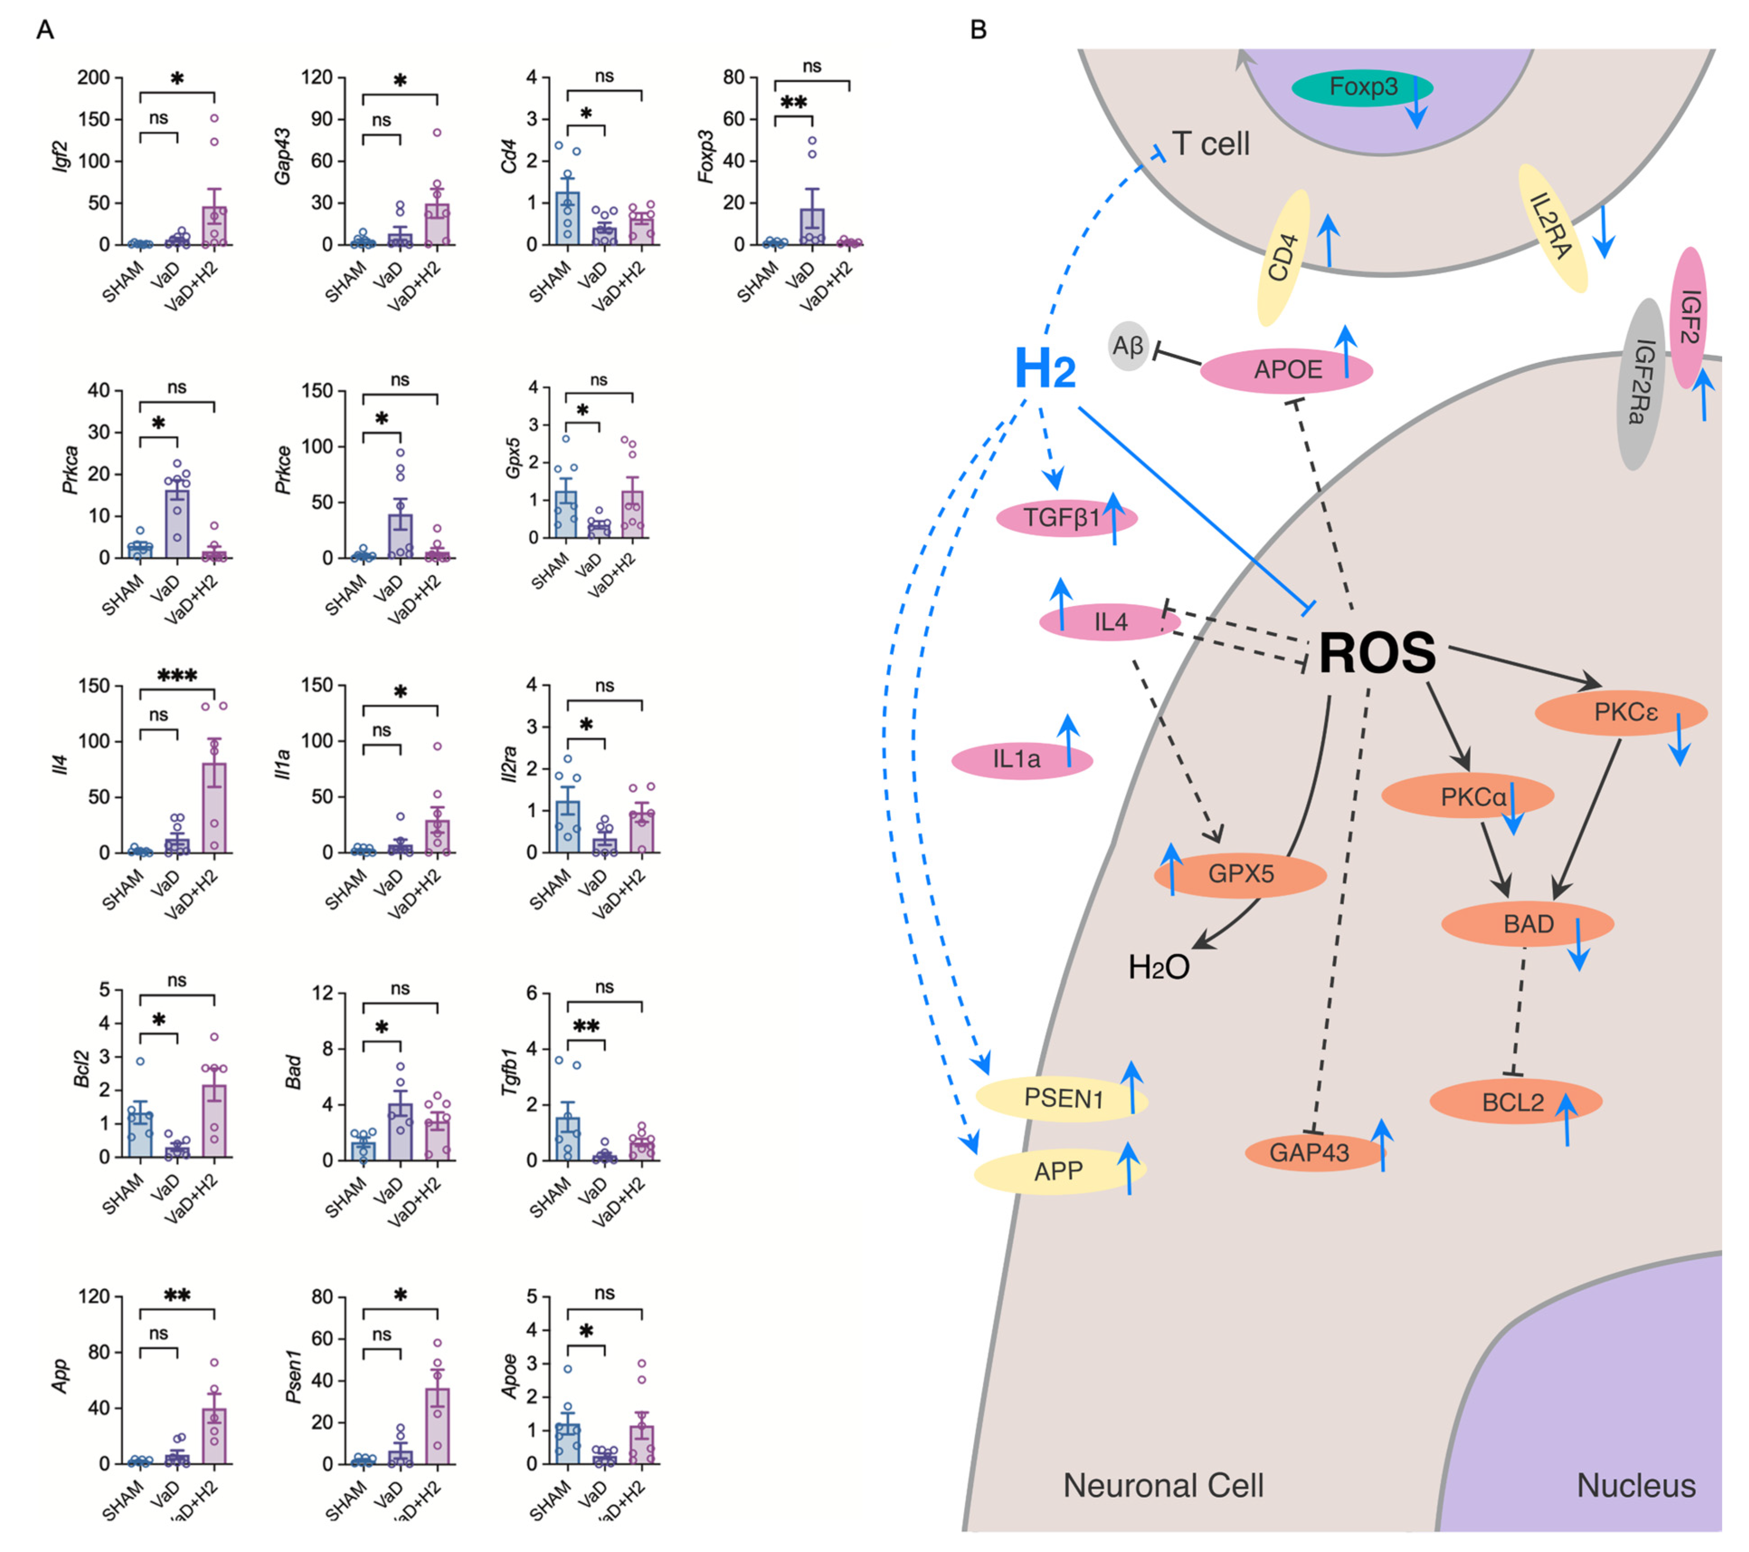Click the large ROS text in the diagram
pyautogui.click(x=1377, y=654)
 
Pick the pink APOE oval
pyautogui.click(x=1286, y=370)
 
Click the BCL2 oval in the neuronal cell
pyautogui.click(x=1514, y=1102)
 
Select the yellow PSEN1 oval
pyautogui.click(x=1061, y=1098)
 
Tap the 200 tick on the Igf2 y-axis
pyautogui.click(x=94, y=78)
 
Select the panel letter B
pyautogui.click(x=978, y=30)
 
